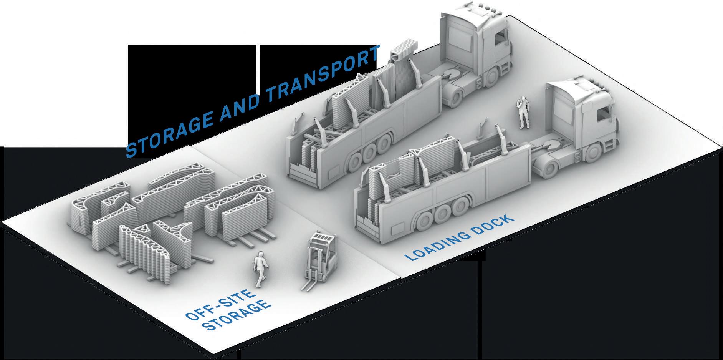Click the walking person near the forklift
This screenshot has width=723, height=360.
point(260,269)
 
